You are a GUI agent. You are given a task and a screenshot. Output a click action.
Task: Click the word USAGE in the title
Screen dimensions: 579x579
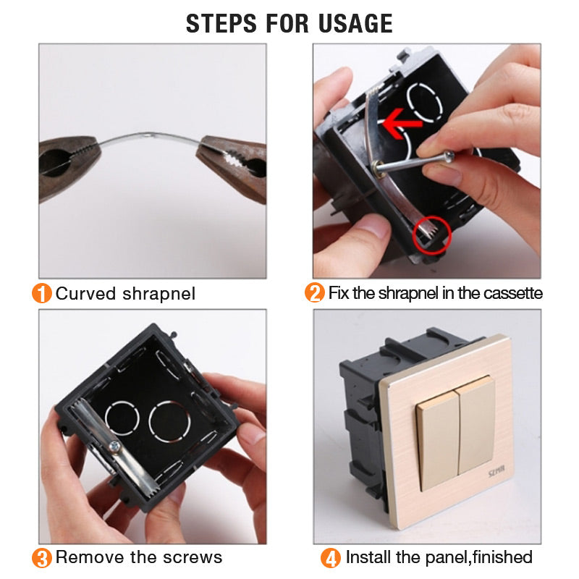click(x=355, y=24)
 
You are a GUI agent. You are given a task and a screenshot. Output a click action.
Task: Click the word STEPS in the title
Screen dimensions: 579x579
click(x=221, y=24)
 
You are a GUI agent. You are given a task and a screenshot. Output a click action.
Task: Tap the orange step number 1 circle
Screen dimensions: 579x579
click(x=42, y=294)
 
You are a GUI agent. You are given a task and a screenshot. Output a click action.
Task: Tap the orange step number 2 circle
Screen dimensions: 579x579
click(x=315, y=293)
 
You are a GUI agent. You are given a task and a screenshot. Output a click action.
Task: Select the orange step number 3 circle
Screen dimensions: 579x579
click(x=42, y=558)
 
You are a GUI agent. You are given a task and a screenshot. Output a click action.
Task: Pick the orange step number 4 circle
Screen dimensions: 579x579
click(x=331, y=558)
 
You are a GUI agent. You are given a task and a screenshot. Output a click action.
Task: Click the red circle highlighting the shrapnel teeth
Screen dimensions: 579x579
click(x=431, y=235)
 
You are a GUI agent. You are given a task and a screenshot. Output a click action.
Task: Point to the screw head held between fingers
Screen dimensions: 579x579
click(x=449, y=156)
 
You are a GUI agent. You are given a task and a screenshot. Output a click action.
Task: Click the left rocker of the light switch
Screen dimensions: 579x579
click(x=439, y=439)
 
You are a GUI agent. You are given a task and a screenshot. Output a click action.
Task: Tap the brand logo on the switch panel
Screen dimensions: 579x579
click(x=496, y=472)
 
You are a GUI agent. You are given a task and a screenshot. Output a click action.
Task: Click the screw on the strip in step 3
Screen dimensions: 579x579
click(x=115, y=447)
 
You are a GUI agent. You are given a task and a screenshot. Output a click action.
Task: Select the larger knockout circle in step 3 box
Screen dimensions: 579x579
click(x=169, y=421)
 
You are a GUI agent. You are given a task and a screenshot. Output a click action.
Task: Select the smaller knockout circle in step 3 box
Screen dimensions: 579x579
click(x=122, y=418)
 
